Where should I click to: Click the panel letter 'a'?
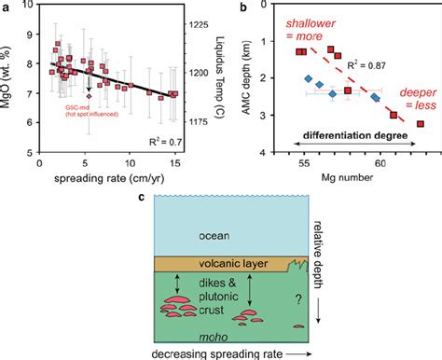(8, 7)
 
